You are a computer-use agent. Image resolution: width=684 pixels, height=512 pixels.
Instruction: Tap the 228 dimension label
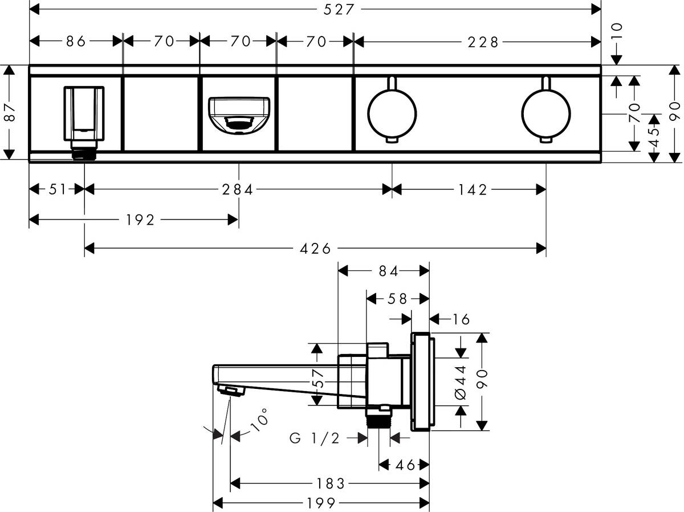coord(483,41)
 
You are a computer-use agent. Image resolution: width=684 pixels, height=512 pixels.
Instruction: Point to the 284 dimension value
coord(238,189)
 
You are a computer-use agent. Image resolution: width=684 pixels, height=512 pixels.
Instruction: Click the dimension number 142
coord(472,189)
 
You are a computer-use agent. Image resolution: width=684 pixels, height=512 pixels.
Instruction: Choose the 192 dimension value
coord(141,220)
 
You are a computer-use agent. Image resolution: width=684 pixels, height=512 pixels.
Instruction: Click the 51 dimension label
coord(57,189)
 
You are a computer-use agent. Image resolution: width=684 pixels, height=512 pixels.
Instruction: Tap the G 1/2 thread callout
coord(315,438)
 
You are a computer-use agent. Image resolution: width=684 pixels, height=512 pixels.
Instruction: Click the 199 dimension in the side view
coord(321,503)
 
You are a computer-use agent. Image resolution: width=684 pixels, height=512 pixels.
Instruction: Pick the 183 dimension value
coord(331,484)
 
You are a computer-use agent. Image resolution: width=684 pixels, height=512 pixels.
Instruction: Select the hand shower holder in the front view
coord(84,114)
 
